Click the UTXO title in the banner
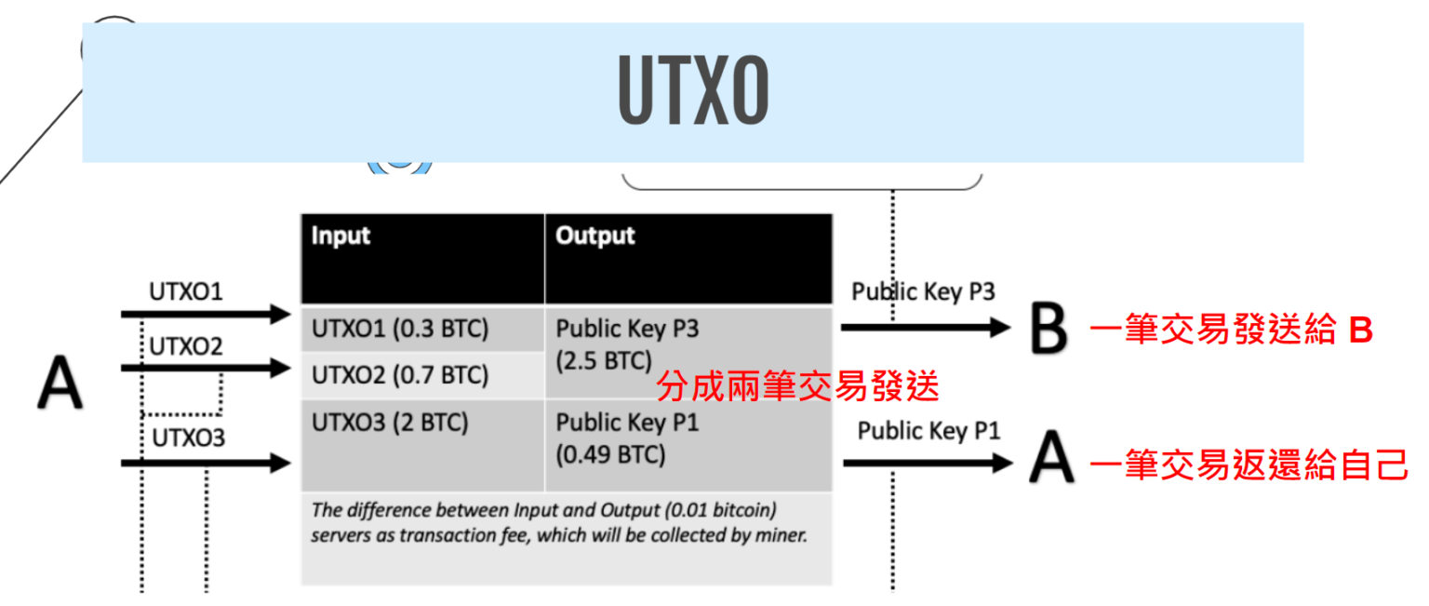693,93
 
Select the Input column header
341,236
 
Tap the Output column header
595,236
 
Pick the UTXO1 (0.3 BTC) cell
400,330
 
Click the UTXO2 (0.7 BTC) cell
400,375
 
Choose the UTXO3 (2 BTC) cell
390,423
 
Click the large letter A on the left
60,385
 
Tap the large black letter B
1048,330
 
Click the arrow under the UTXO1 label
206,316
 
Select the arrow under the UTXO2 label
206,369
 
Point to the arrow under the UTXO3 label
206,461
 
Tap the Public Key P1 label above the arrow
928,431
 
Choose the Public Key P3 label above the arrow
923,291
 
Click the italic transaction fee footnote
558,523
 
